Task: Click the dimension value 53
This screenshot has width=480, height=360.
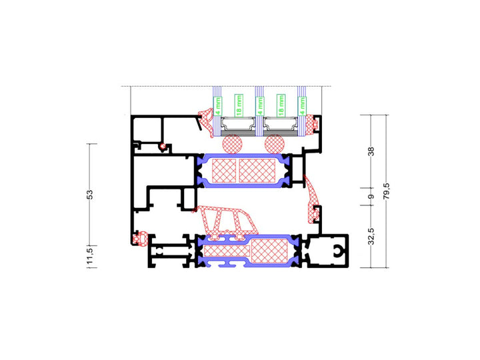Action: point(89,194)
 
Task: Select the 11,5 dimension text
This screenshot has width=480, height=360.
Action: point(89,255)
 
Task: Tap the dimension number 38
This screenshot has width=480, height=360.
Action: point(371,151)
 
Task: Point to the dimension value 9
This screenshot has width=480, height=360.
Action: point(371,197)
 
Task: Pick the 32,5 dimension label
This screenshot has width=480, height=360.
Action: point(371,236)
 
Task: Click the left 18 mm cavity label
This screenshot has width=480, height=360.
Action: point(238,105)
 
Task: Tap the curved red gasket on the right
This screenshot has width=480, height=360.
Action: point(312,199)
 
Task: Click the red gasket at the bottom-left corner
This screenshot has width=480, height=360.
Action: point(140,237)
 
